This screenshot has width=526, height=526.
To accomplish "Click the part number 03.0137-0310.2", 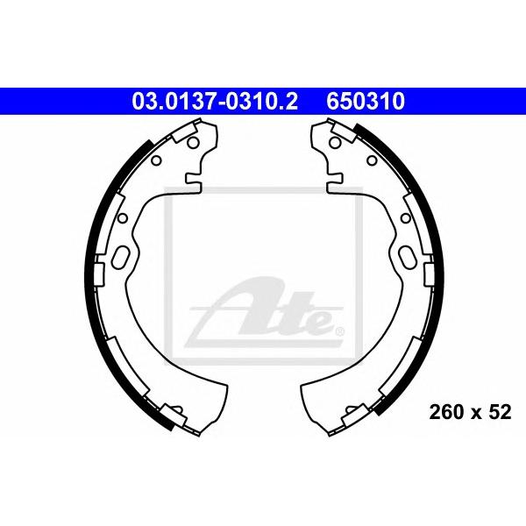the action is [215, 102].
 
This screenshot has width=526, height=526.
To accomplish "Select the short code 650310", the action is [366, 102].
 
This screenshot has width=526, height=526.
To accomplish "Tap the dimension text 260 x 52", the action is [470, 412].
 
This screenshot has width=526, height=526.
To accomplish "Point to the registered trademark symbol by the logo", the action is [339, 332].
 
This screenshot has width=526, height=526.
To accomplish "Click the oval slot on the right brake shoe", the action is [407, 258].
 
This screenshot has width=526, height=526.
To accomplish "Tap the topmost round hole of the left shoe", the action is [193, 143].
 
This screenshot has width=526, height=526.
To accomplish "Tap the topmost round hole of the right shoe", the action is [335, 143].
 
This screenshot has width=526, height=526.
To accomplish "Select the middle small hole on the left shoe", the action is [123, 218].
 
